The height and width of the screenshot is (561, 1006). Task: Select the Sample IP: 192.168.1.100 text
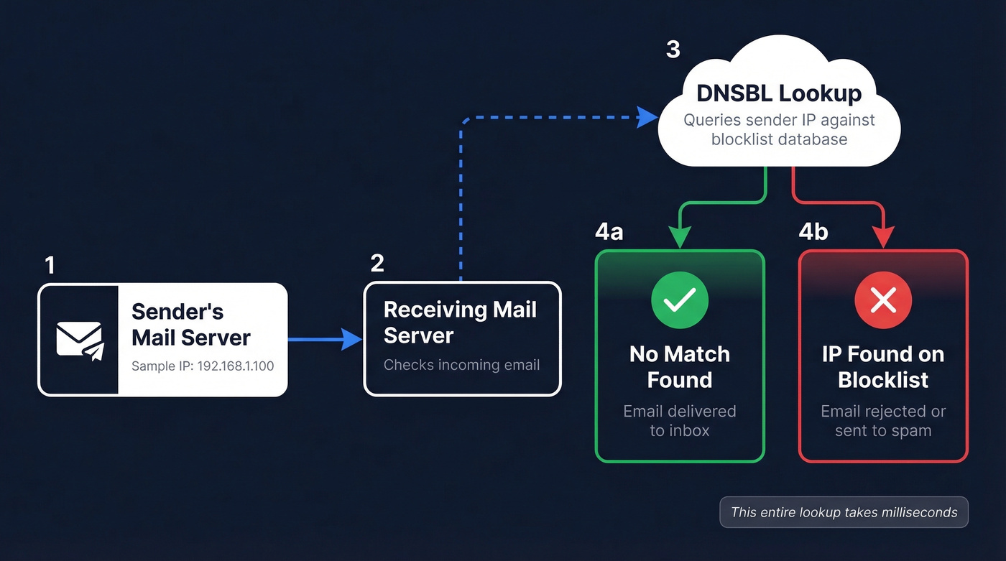(203, 366)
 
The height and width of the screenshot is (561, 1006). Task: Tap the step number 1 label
(50, 266)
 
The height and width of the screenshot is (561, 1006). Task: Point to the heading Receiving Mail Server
(460, 323)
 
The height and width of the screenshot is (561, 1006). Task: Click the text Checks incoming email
(461, 365)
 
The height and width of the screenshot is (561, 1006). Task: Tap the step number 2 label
(377, 264)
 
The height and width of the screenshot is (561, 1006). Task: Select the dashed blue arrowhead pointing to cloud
(650, 116)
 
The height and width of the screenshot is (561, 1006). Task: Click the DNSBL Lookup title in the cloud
(779, 93)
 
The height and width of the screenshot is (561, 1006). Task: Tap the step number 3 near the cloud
(673, 50)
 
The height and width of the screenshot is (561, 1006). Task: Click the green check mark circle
(679, 300)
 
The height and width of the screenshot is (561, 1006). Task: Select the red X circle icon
(883, 300)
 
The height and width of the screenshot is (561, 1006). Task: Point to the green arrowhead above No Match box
(679, 238)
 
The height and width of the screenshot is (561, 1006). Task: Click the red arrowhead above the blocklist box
(883, 238)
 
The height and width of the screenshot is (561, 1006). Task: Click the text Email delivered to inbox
(679, 421)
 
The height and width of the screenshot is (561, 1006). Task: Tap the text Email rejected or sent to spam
(883, 421)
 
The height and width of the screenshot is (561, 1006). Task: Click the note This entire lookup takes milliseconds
(844, 513)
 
